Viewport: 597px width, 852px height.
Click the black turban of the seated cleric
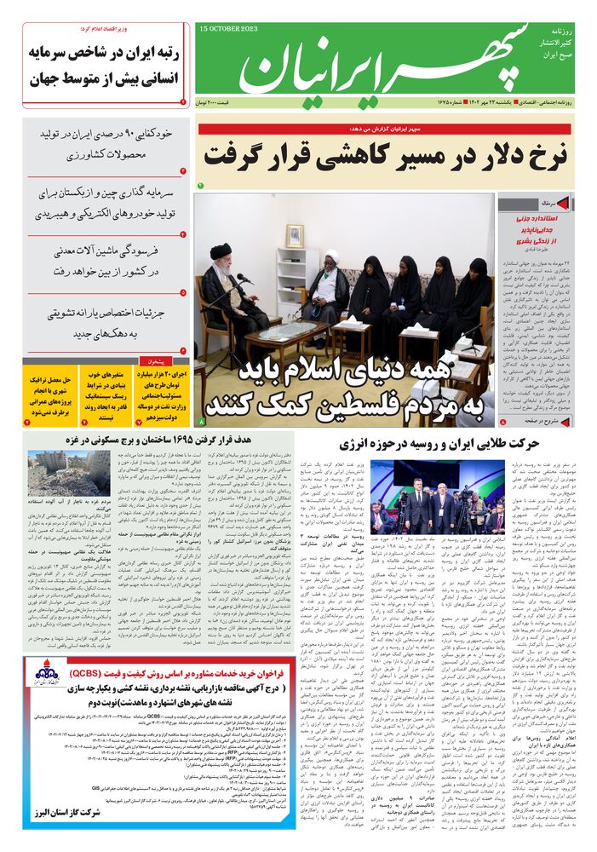click(219, 257)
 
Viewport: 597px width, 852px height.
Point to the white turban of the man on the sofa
click(330, 256)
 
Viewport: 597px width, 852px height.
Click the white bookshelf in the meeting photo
click(297, 281)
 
